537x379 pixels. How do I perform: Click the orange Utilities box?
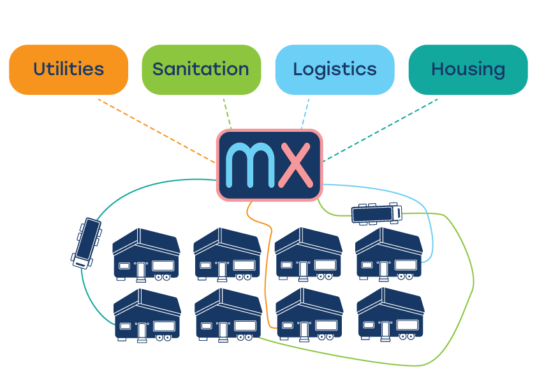(68, 69)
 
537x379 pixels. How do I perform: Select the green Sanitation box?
(201, 69)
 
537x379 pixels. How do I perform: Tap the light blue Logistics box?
(334, 69)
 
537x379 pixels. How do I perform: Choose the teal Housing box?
(467, 69)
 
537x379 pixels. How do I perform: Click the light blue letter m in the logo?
(250, 165)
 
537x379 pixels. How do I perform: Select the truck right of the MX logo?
(376, 213)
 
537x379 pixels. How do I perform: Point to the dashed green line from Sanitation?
(227, 113)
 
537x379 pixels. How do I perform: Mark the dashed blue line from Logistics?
(305, 113)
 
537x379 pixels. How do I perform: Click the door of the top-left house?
(142, 270)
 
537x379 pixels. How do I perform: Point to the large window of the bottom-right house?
(408, 325)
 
